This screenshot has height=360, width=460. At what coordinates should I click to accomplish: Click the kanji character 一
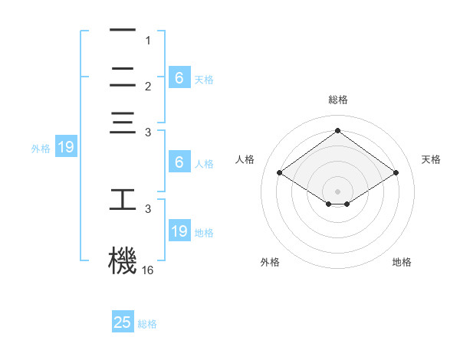123,31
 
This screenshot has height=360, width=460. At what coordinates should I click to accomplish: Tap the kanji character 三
123,123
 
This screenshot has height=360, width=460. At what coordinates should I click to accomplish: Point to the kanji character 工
123,199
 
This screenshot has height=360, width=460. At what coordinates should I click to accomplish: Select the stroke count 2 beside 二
149,87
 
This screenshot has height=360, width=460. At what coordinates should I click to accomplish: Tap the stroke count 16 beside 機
148,270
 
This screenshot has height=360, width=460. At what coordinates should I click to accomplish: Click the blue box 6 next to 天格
179,77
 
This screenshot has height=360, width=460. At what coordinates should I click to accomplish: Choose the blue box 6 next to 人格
179,162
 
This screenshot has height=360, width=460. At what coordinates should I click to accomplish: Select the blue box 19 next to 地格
179,231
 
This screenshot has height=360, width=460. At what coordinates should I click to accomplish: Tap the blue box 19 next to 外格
65,148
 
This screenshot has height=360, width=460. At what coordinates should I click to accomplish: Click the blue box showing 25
123,322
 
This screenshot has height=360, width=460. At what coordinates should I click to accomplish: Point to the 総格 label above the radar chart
337,100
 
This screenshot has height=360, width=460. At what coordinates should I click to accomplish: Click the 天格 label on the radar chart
431,159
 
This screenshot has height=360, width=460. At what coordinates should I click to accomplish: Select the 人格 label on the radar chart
245,159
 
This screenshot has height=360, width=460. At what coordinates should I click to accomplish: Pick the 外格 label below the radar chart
270,263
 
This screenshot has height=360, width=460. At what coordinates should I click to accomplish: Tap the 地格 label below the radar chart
402,263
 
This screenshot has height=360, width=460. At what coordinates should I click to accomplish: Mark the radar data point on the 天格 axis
396,173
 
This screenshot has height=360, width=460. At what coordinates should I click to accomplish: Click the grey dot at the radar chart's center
337,191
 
